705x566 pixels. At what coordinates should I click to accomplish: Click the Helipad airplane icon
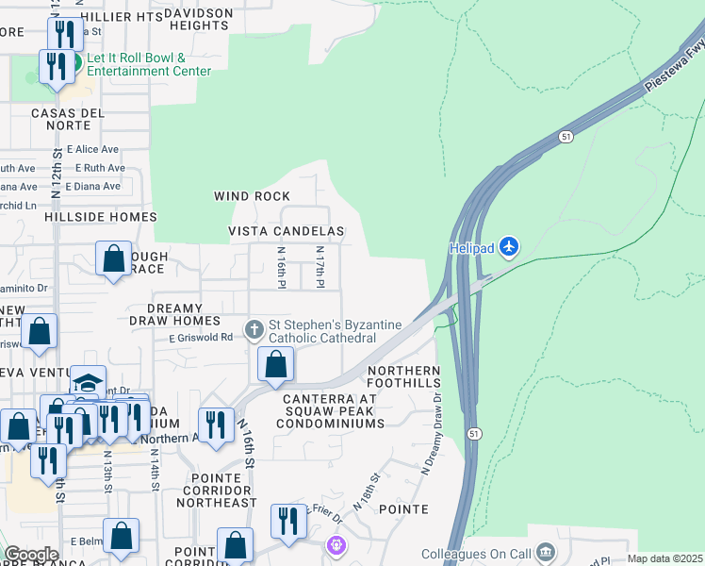(509, 246)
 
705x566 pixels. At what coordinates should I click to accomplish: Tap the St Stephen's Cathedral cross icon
(254, 330)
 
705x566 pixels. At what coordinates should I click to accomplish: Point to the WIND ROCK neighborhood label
(252, 196)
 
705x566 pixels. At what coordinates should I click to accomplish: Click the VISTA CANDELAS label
(287, 231)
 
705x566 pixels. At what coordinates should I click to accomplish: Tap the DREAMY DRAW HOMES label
(189, 315)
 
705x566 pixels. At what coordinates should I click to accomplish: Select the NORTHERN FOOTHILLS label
(404, 377)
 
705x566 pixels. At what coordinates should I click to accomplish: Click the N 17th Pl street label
(320, 269)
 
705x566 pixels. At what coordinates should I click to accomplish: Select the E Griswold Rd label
(201, 338)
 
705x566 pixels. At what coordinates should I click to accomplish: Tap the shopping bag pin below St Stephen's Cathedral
(275, 365)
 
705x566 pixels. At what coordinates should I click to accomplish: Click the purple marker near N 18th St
(336, 544)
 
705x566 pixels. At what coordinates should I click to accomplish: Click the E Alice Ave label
(97, 149)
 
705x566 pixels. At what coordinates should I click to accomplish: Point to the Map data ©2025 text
(665, 558)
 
